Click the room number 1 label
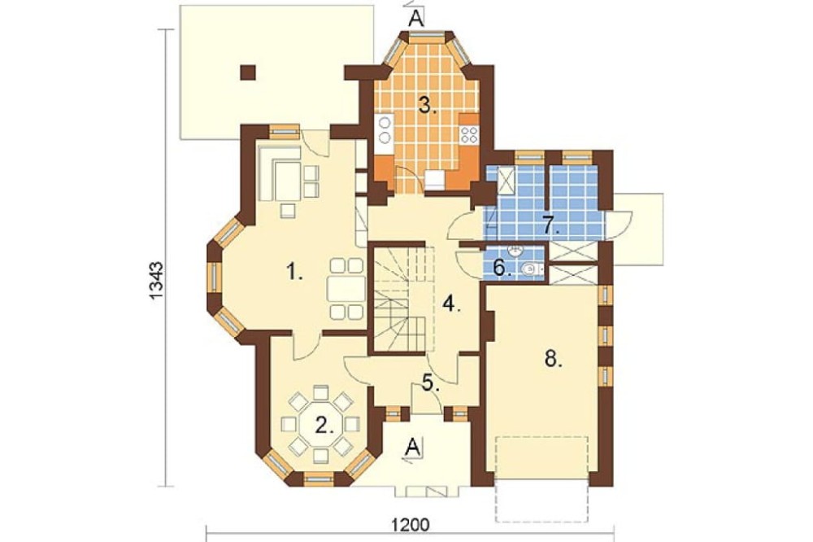tap(295, 272)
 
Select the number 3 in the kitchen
tap(428, 106)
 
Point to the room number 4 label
tap(451, 304)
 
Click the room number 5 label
tap(431, 382)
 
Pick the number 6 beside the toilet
tap(502, 268)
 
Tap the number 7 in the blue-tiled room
tap(551, 225)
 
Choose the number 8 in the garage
tap(553, 359)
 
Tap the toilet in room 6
tap(530, 269)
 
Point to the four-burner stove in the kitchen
tap(470, 135)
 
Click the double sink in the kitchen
tap(385, 129)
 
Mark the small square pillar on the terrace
tap(248, 72)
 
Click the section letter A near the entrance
tap(413, 447)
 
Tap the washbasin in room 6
tap(515, 252)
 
